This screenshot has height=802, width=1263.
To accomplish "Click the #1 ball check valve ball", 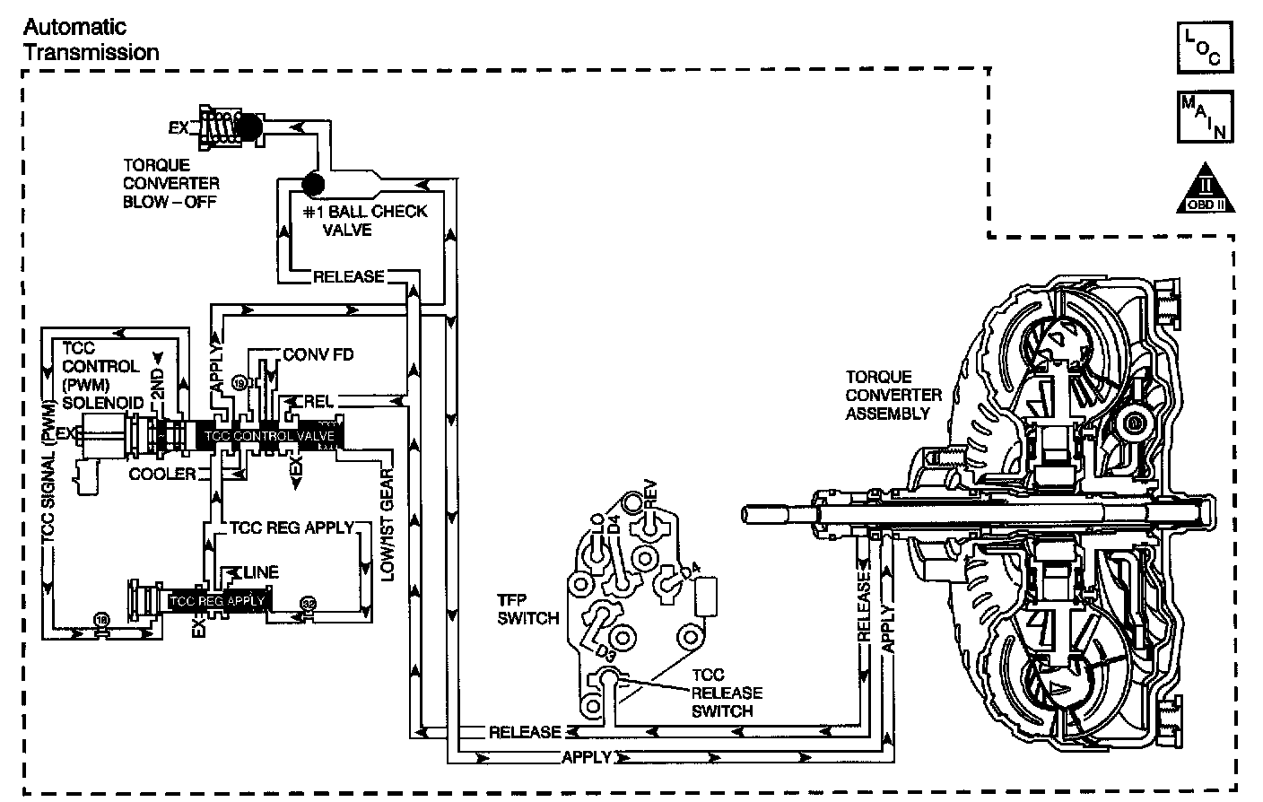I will tap(313, 185).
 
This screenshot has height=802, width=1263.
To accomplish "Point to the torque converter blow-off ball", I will tap(248, 126).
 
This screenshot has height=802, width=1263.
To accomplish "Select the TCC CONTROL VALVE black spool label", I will tap(269, 436).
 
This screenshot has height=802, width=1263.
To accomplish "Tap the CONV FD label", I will tap(318, 355).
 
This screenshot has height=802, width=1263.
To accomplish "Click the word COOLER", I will tap(161, 473).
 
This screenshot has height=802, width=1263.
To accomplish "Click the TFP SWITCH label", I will tap(528, 608).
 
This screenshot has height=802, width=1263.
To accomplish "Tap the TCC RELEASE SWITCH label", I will tap(726, 693).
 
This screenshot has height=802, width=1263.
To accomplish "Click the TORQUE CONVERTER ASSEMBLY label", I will tap(893, 395).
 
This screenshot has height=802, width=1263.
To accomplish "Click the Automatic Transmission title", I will tap(91, 39).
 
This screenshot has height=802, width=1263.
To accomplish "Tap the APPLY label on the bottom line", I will tap(586, 757).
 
